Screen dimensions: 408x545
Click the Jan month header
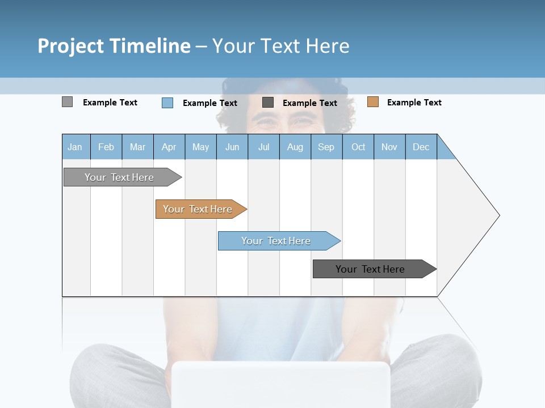click(x=76, y=147)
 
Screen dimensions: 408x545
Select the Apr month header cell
click(x=169, y=147)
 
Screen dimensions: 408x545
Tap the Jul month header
click(x=263, y=147)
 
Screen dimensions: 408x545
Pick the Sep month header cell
click(x=326, y=147)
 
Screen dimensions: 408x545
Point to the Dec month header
click(x=421, y=147)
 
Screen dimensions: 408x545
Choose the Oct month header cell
click(x=358, y=147)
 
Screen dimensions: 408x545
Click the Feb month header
click(x=106, y=147)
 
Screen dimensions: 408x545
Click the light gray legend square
click(x=67, y=102)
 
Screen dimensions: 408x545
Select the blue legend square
click(x=167, y=103)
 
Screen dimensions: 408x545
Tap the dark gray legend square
click(x=268, y=103)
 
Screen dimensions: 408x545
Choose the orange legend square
click(x=372, y=102)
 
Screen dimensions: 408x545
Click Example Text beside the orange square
click(x=414, y=103)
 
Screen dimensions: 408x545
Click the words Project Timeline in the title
click(x=114, y=46)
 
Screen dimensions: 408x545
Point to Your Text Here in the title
click(x=281, y=46)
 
